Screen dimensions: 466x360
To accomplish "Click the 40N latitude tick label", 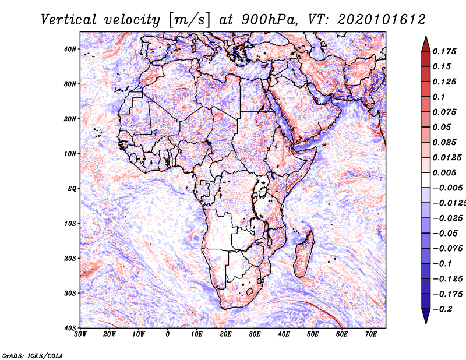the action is (x=70, y=49).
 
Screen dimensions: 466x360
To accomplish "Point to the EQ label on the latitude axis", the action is (x=72, y=189).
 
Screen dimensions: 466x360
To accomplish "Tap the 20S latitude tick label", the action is (x=70, y=258).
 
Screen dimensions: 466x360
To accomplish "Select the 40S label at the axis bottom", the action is (x=70, y=328).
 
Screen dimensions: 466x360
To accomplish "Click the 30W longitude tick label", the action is (x=80, y=334).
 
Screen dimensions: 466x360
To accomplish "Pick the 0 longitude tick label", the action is (x=168, y=334).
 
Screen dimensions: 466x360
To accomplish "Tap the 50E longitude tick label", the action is (x=313, y=334).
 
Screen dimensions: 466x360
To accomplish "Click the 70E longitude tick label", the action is (x=371, y=334).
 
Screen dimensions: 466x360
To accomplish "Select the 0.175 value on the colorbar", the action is (x=444, y=51).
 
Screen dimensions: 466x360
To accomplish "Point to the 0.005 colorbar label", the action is (x=444, y=172).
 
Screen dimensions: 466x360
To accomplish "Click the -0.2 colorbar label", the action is (x=443, y=309).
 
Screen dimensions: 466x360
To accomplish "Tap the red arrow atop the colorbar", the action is (x=426, y=44).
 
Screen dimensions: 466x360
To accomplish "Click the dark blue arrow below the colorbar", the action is (x=426, y=316).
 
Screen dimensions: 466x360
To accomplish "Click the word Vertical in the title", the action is (x=69, y=20).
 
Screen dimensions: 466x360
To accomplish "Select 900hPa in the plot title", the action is (x=269, y=20).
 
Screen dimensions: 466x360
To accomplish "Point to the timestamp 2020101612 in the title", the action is (x=382, y=20).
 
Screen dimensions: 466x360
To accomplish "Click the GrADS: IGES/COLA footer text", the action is (x=33, y=355).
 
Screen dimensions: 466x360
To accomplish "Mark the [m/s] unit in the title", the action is (x=189, y=20).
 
